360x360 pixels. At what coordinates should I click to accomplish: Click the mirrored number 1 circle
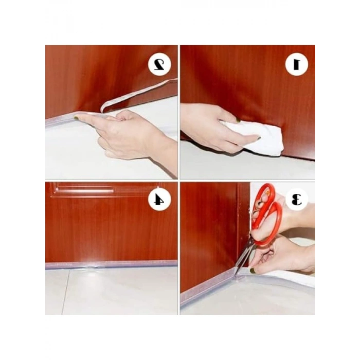point(297,64)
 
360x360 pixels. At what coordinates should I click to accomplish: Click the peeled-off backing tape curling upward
point(139,95)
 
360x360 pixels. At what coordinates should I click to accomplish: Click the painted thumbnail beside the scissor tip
point(253,271)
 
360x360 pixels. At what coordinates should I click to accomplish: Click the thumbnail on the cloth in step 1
point(239,120)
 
